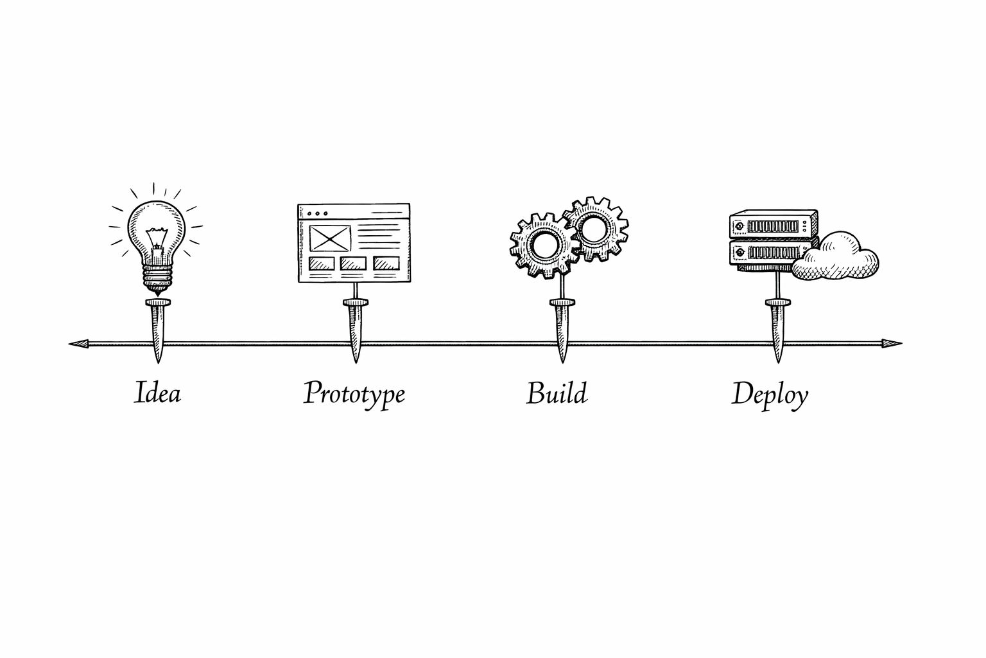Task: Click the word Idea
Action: tap(157, 392)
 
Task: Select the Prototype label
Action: tap(354, 395)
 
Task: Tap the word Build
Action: tap(557, 393)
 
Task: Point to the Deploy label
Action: tap(770, 395)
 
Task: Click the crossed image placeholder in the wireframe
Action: tap(330, 238)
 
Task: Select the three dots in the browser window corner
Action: tap(317, 214)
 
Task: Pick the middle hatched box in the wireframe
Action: tap(353, 263)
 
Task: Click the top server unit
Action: tap(774, 225)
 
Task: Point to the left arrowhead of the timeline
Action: tap(79, 344)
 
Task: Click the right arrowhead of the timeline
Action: tap(892, 344)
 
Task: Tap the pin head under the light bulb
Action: tap(157, 303)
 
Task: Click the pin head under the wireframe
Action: tap(356, 303)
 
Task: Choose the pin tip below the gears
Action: tap(562, 362)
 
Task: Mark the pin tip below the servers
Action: tap(778, 362)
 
